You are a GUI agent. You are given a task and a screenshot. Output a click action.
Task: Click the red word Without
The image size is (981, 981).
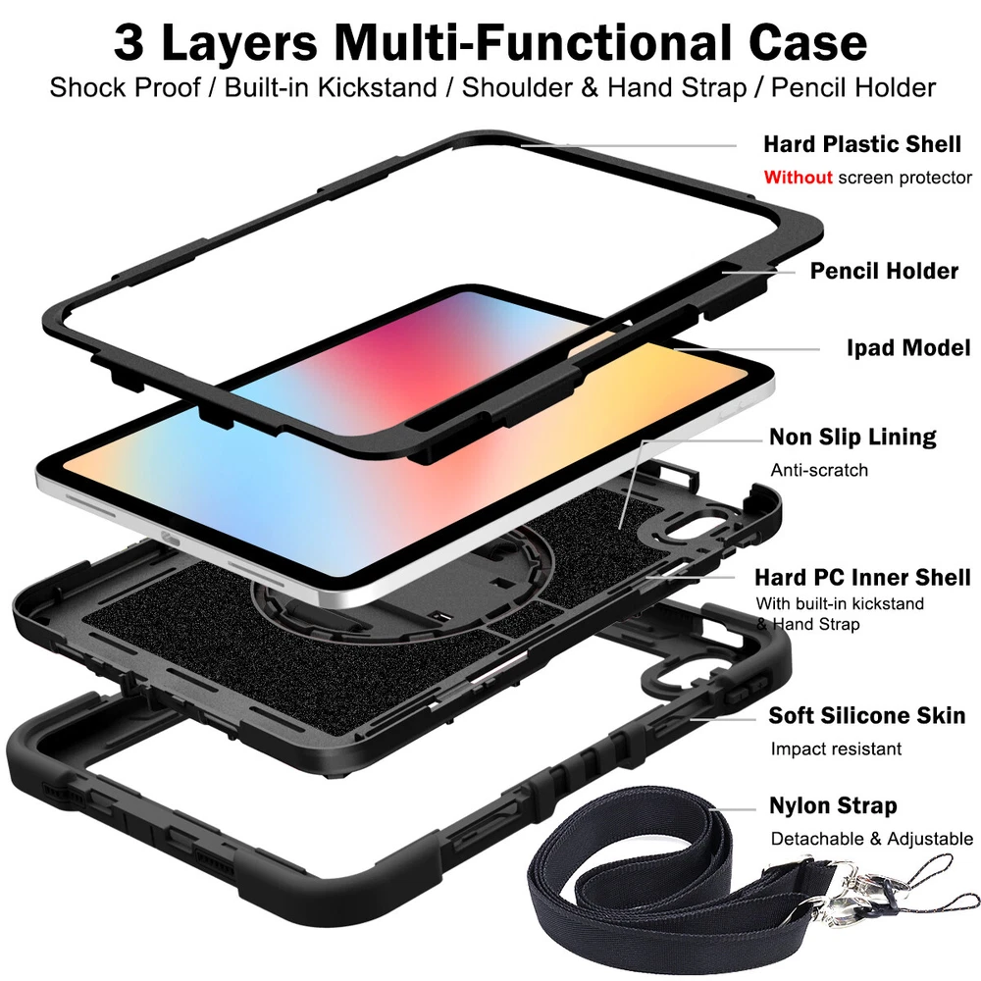click(798, 177)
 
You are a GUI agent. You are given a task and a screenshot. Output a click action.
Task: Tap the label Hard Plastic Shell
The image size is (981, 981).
click(862, 144)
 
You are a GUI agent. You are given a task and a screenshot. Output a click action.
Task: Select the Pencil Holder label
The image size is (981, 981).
click(884, 271)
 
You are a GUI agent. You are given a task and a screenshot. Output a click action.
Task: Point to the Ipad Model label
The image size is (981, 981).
click(908, 348)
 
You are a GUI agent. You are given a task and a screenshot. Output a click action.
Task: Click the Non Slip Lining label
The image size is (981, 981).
click(852, 437)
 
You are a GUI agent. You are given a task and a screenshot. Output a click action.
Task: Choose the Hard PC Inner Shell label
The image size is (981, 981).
click(862, 577)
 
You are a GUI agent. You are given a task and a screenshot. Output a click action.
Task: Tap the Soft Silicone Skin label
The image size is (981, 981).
click(867, 715)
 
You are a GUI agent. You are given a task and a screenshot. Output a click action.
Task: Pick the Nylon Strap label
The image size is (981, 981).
click(833, 805)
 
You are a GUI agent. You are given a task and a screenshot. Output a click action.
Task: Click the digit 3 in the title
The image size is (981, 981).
click(129, 43)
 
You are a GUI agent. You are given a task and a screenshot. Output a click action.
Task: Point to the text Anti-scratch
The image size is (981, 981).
click(819, 470)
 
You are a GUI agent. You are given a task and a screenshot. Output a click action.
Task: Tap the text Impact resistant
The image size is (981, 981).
click(836, 749)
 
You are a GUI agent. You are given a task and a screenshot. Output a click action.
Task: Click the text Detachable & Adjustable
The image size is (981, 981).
click(872, 839)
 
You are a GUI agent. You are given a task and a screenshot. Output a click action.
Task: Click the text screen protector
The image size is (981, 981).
click(904, 178)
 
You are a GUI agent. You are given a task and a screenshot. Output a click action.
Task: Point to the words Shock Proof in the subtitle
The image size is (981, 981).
click(126, 87)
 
